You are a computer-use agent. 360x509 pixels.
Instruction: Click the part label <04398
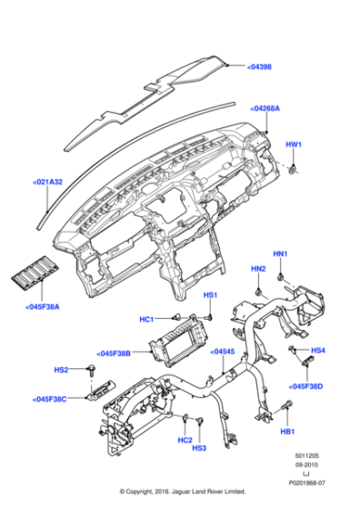click(259, 66)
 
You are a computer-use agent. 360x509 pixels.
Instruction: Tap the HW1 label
click(294, 145)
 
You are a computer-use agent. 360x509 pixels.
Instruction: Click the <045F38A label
click(41, 307)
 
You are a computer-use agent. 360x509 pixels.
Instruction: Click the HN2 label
click(258, 269)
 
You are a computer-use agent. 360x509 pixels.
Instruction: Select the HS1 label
click(210, 295)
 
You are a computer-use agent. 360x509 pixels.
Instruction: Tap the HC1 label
click(146, 318)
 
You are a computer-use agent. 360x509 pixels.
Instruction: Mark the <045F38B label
click(114, 353)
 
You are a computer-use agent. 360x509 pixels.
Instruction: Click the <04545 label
click(224, 351)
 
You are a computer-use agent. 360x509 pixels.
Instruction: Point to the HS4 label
click(317, 350)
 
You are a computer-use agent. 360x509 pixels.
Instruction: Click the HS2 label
click(61, 370)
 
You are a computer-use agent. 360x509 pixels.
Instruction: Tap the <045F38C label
click(52, 398)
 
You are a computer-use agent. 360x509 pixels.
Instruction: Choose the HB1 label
click(288, 432)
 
